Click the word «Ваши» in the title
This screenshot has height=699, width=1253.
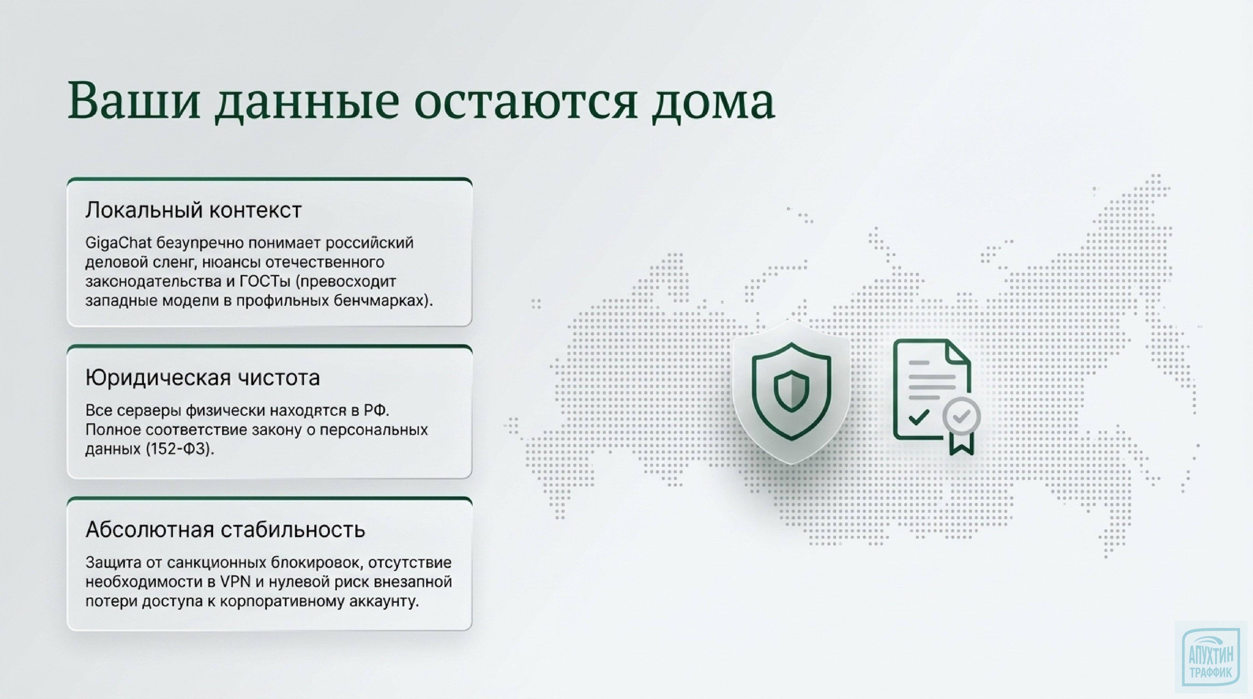pyautogui.click(x=134, y=101)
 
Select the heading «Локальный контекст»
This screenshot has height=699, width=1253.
pyautogui.click(x=194, y=210)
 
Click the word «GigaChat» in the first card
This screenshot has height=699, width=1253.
pyautogui.click(x=118, y=242)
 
